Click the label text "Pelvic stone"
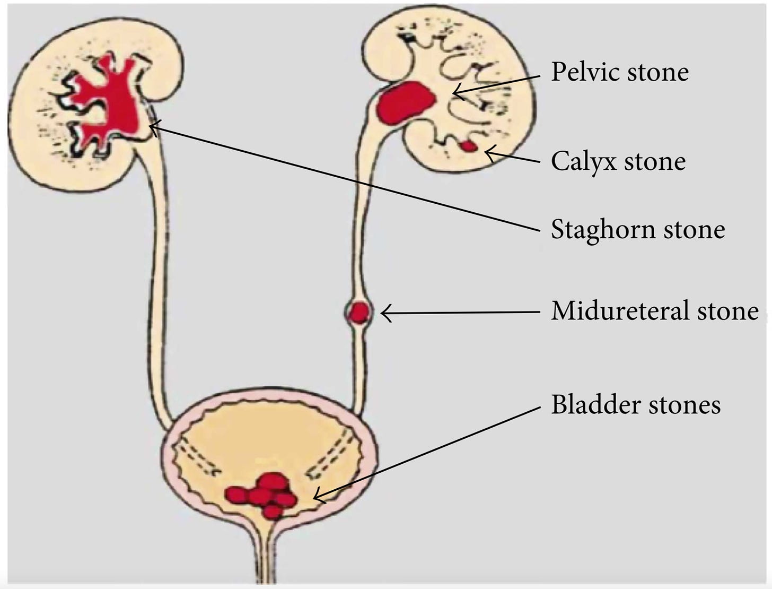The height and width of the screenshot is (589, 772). point(619,72)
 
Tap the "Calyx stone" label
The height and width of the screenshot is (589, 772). point(618,161)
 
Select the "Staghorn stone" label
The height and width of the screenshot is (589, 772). point(637,229)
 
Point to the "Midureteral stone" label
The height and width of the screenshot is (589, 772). point(654,311)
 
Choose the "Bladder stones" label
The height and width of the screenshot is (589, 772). point(635,404)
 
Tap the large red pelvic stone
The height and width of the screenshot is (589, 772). point(405,103)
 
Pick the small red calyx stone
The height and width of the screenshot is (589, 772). point(468,146)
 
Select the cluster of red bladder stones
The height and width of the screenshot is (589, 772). point(263,495)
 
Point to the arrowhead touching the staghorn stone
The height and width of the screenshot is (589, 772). point(153,126)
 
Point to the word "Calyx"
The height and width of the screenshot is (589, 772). point(583,162)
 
